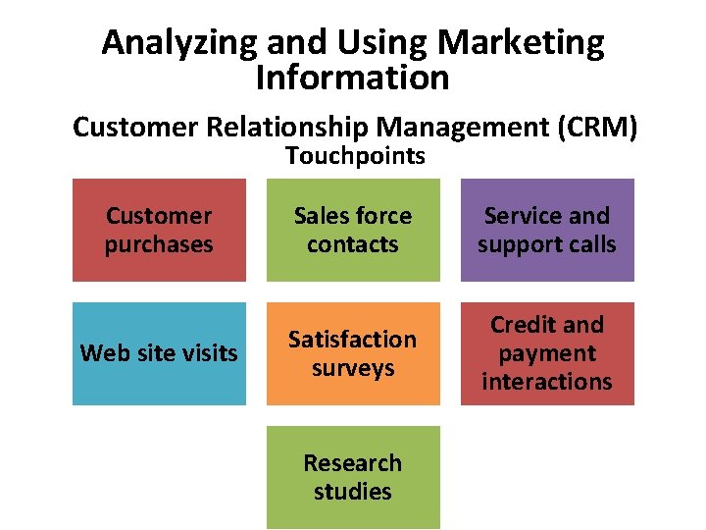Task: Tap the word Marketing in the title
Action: tap(521, 42)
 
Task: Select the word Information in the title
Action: tap(352, 78)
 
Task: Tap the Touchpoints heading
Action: tap(355, 156)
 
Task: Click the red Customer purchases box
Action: tap(159, 230)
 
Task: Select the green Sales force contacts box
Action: tap(353, 230)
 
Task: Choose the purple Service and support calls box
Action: tap(547, 230)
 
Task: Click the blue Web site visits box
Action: tap(159, 353)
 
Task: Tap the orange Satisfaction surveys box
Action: tap(353, 353)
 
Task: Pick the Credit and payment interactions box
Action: tap(547, 353)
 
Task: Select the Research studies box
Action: tap(353, 477)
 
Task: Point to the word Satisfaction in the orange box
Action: tap(352, 340)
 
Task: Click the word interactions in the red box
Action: tap(547, 382)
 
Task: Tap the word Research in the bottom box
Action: tap(352, 462)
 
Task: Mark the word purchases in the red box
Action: tap(159, 244)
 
